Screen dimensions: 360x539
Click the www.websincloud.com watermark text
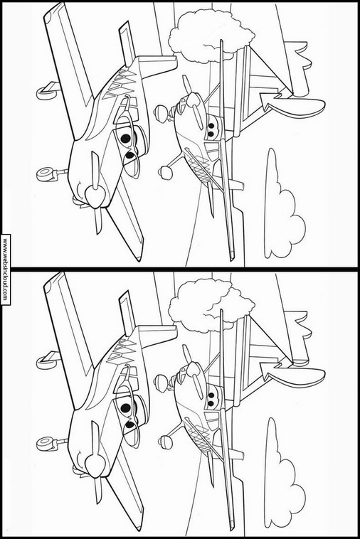pyautogui.click(x=5, y=269)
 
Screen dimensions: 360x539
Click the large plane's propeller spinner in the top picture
pyautogui.click(x=94, y=196)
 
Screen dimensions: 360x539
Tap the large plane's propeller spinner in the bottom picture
pyautogui.click(x=94, y=466)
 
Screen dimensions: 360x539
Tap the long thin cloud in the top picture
pyautogui.click(x=282, y=206)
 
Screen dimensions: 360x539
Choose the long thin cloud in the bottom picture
pyautogui.click(x=282, y=476)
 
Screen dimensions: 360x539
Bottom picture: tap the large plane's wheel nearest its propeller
pyautogui.click(x=45, y=444)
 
